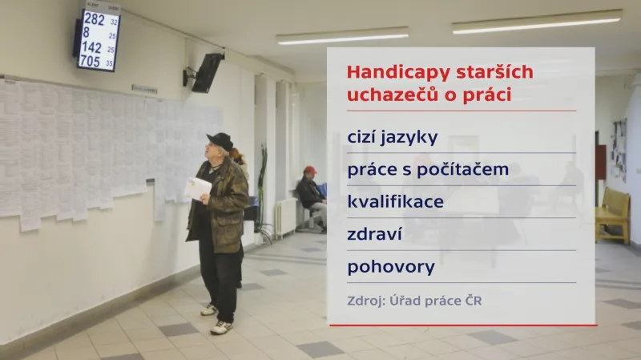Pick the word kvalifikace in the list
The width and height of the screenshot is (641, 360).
coord(395,201)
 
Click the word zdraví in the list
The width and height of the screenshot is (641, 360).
coord(373,233)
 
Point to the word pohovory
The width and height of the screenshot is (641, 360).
coord(391,266)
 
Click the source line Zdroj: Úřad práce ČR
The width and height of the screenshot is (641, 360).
coord(414,301)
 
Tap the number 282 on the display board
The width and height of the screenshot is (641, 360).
coord(94,19)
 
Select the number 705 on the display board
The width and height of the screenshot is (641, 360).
coord(90,61)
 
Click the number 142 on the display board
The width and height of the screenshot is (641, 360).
coord(91,47)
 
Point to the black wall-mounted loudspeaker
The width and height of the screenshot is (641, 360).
coord(207,72)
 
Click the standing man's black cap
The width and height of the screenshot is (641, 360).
coord(220,140)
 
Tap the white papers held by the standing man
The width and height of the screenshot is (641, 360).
coord(197,188)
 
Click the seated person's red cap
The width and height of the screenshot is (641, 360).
coord(310,170)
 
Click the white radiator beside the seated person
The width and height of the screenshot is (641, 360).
coord(284,216)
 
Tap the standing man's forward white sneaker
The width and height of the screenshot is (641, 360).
coord(221,327)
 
